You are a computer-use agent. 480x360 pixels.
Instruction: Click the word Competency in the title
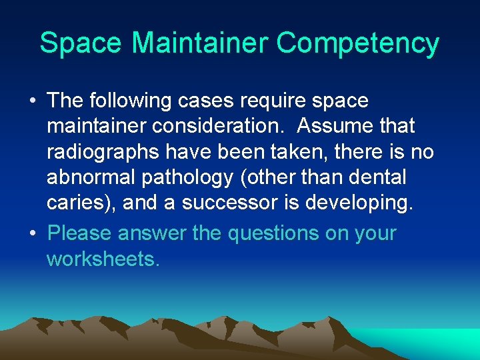point(358,43)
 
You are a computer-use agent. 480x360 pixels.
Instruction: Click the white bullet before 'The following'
point(33,101)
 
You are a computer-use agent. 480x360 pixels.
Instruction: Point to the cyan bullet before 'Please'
point(33,234)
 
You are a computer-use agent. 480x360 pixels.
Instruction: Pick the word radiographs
point(102,153)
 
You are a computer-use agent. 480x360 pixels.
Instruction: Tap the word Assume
point(335,126)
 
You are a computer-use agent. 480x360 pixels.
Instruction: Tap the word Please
point(80,234)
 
